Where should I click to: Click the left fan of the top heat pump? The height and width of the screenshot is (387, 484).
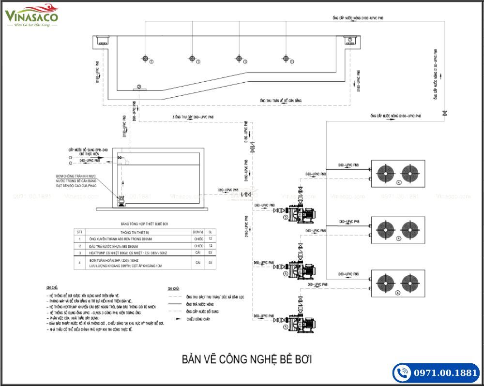coord(385,173)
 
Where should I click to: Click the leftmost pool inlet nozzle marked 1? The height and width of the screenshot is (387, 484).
coord(145,59)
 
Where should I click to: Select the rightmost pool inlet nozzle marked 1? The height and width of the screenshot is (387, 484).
coord(285,59)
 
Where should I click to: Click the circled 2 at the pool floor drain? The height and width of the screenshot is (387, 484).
coord(139,87)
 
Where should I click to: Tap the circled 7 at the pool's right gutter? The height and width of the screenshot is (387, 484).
coord(349,40)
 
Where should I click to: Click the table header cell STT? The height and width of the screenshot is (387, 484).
coord(79,232)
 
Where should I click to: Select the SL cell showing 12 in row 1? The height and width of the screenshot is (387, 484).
coord(210,239)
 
